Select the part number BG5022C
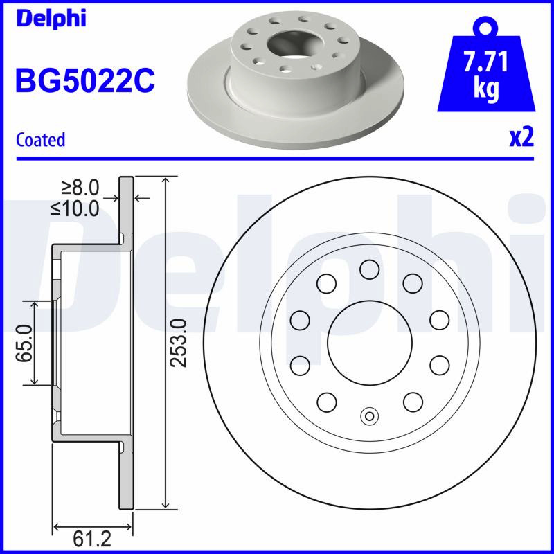pos(85,80)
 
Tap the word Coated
pos(41,140)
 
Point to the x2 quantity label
pos(521,137)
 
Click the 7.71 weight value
pos(486,61)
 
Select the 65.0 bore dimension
pos(24,343)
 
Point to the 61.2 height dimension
pos(92,539)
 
